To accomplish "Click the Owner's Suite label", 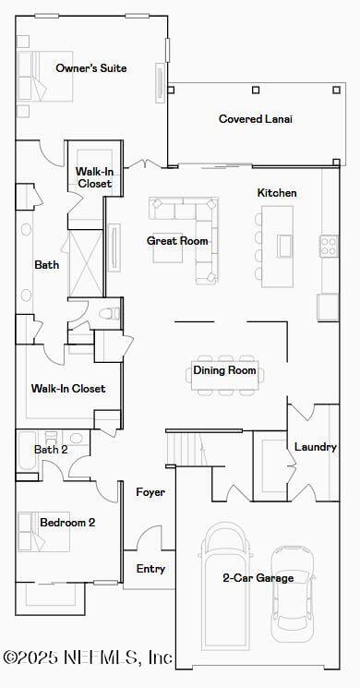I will (x=90, y=68).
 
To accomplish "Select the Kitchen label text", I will (x=277, y=193).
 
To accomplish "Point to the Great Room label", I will (x=177, y=241).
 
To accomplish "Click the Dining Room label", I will (x=224, y=370).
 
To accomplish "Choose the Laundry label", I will (x=315, y=447).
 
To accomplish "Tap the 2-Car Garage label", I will (x=258, y=578).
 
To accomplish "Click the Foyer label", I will (x=150, y=492).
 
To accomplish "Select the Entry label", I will (x=150, y=569).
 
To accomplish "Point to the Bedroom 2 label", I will (x=67, y=523).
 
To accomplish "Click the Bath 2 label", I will (x=51, y=450).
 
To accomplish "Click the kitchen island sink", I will (x=284, y=245).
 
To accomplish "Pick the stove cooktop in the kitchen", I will (x=329, y=245).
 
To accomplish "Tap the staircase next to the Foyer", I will (x=185, y=449).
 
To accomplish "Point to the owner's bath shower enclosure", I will (x=85, y=263).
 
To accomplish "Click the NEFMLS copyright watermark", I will (x=88, y=658).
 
